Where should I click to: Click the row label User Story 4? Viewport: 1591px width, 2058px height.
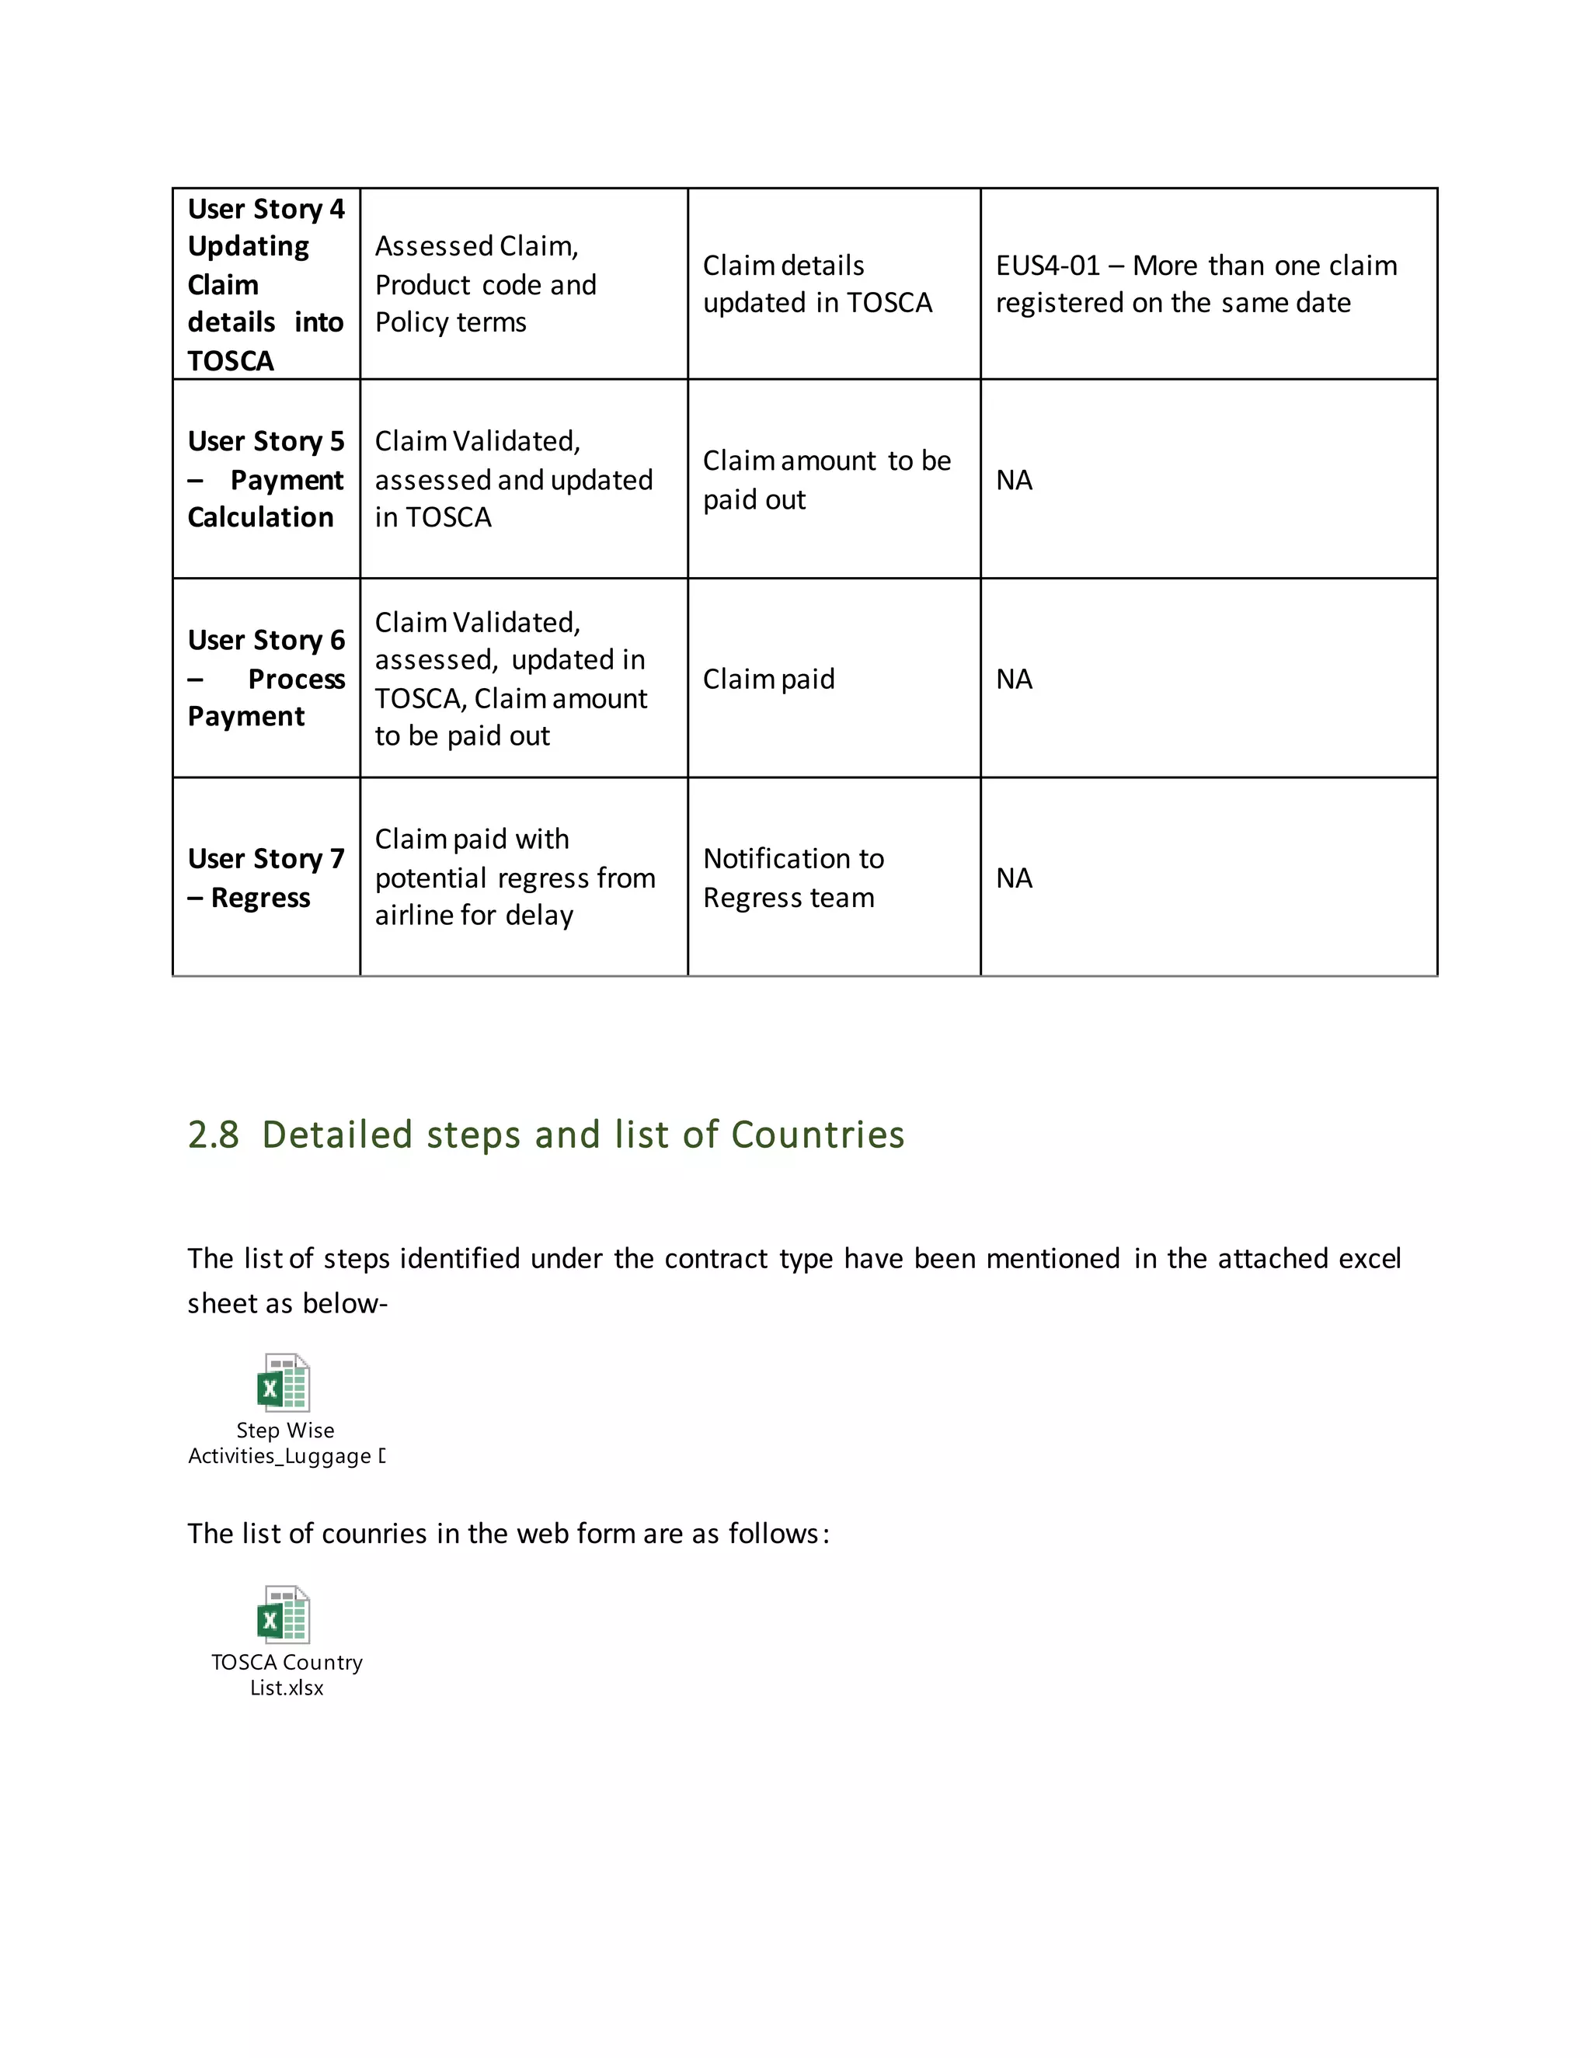pos(266,209)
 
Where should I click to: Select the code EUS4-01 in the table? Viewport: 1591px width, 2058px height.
pos(1047,266)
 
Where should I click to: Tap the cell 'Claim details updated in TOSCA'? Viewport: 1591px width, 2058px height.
pos(817,283)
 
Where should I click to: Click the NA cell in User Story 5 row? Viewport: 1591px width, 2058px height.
pos(1014,481)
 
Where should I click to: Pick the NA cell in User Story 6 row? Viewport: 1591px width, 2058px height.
pos(1014,680)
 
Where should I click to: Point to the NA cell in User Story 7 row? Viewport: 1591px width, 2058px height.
pos(1014,878)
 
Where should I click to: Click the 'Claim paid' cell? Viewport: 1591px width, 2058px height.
pos(768,680)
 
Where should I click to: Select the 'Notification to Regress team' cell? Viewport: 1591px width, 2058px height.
pos(792,878)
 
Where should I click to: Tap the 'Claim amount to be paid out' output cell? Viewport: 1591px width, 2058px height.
pos(827,480)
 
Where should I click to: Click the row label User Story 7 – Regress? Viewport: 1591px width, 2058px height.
pos(266,878)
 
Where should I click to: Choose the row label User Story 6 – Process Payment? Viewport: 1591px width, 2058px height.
pos(266,679)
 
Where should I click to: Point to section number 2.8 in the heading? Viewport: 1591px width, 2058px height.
pos(213,1135)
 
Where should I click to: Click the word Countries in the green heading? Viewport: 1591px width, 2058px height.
pos(817,1135)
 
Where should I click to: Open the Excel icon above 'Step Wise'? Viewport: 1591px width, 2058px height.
pos(284,1382)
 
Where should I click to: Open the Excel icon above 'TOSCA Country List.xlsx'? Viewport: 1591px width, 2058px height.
pos(284,1615)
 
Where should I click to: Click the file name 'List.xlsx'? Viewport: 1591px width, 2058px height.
pos(287,1688)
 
